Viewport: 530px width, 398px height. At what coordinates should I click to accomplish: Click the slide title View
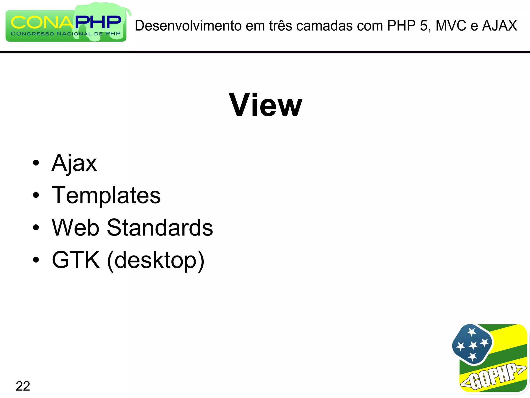click(265, 105)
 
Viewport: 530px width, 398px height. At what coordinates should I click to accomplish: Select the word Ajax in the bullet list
click(74, 163)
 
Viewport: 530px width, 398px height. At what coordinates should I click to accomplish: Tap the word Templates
click(106, 195)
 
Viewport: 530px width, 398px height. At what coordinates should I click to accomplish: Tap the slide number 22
click(23, 386)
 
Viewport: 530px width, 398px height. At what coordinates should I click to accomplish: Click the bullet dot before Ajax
click(36, 163)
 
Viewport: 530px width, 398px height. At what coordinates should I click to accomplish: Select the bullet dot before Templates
click(36, 195)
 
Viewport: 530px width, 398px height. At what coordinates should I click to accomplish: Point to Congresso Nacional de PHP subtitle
click(66, 34)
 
